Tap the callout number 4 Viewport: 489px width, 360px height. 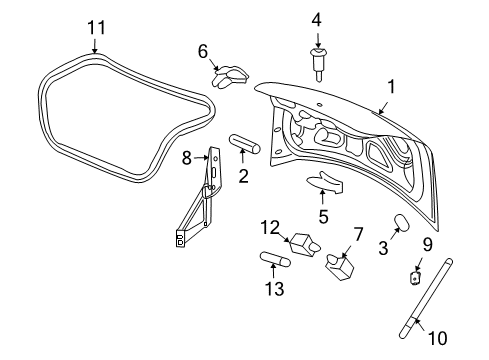coord(316,18)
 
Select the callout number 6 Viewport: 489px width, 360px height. coord(202,51)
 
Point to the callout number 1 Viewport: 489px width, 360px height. coord(391,87)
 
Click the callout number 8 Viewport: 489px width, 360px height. coord(187,158)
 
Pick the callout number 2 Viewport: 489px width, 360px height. coord(242,177)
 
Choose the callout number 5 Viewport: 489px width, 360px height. coord(322,215)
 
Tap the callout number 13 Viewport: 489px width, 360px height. coord(273,290)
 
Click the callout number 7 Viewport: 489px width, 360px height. coord(358,235)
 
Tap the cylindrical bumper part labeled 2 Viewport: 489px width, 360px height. coord(244,146)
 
